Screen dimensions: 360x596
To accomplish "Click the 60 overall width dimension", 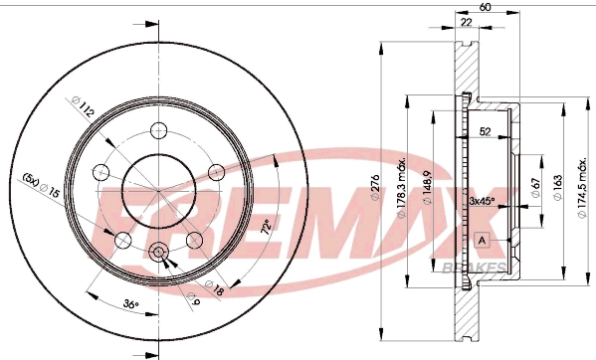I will click(485, 8).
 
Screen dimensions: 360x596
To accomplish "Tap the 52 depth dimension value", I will click(485, 129).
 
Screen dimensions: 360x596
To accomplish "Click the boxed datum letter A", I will click(483, 241).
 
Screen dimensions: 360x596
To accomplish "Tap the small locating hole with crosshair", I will click(159, 253).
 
